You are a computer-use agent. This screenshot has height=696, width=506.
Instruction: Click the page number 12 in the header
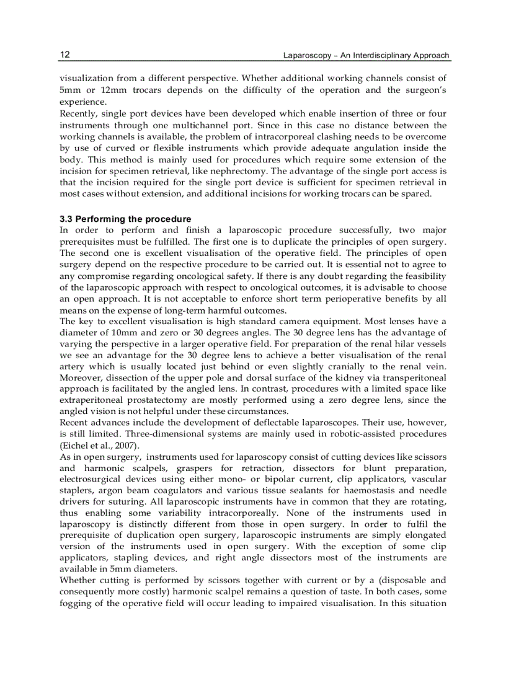pos(64,55)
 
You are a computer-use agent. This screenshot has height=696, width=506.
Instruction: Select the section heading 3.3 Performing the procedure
pos(125,219)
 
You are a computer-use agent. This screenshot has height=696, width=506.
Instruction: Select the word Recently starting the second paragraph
pos(78,113)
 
